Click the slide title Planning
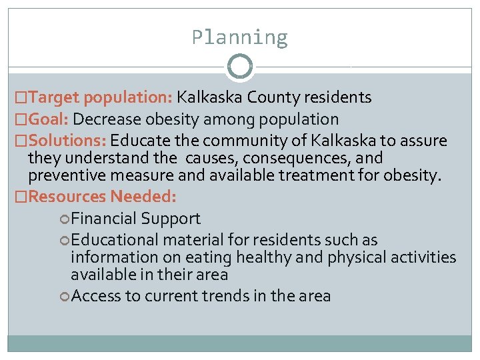(x=239, y=37)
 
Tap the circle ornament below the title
(x=240, y=67)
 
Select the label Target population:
(x=101, y=97)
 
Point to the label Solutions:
(x=68, y=141)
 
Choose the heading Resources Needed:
(x=103, y=197)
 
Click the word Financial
(x=102, y=219)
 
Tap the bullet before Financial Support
(x=64, y=219)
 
